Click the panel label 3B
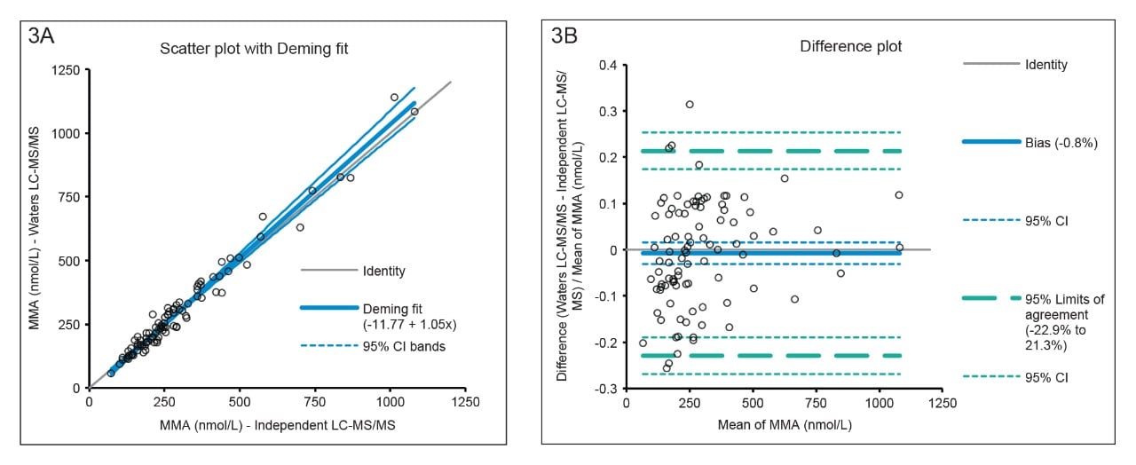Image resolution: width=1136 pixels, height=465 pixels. pos(569,36)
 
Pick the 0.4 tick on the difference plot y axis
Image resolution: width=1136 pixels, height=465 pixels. pos(606,66)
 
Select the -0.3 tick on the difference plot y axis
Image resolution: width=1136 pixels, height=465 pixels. pos(604,389)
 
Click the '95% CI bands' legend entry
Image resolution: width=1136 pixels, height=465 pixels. pos(403,346)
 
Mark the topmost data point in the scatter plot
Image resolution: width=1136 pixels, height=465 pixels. pos(394,98)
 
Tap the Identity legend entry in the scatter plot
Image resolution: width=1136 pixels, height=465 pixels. pos(383,272)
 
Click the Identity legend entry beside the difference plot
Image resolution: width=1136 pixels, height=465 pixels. pos(1045,65)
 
